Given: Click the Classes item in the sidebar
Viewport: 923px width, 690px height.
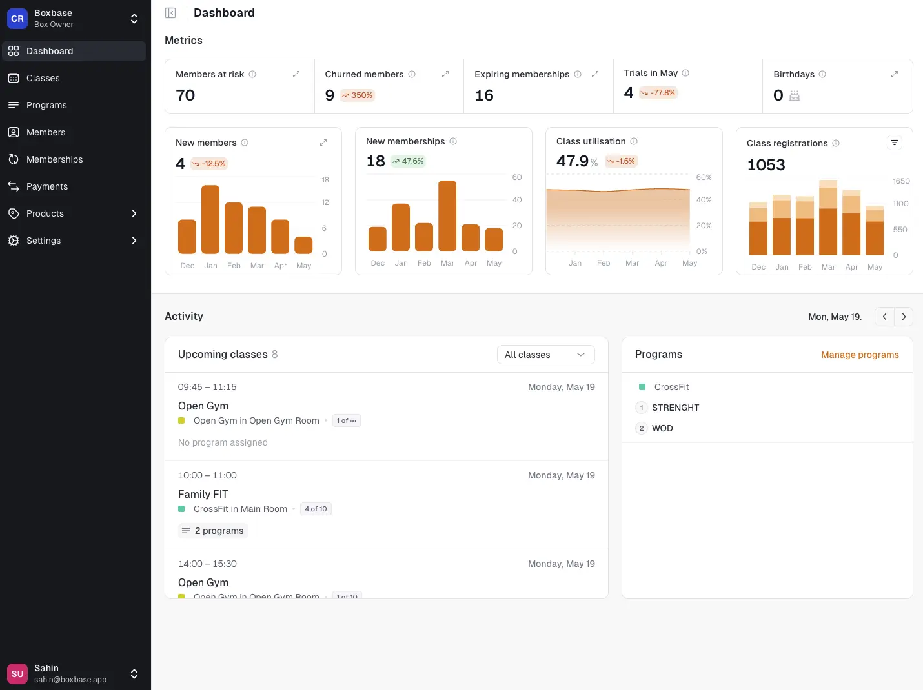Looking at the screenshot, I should [43, 78].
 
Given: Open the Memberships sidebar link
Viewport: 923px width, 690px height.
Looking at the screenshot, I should [54, 159].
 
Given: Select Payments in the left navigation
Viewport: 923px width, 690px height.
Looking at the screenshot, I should [46, 186].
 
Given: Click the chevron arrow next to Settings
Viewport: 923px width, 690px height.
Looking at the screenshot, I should [134, 241].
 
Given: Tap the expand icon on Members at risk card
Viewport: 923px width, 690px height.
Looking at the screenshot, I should [296, 74].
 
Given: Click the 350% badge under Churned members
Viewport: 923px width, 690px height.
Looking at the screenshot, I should [358, 95].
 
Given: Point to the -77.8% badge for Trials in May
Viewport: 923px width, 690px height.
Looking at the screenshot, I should [658, 93].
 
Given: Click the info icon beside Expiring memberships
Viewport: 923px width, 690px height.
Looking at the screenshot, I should [578, 74].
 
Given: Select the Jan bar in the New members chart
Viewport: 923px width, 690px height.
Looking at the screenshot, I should [210, 219].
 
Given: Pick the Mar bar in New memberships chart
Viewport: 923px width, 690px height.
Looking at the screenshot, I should [447, 215].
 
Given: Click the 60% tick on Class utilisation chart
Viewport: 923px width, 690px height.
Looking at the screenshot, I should [704, 177].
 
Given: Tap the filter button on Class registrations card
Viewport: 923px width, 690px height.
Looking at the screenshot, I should [894, 143].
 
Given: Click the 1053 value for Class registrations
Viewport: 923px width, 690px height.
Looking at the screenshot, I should [766, 165].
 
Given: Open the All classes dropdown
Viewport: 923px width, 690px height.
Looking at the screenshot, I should [545, 355].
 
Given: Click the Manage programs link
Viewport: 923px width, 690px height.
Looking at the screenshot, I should [860, 355].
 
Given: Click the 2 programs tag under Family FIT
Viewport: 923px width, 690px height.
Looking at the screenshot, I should [213, 531].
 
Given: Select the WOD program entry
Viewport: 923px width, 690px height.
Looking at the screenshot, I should [662, 428].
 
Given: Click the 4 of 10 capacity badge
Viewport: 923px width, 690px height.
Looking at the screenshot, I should [316, 509].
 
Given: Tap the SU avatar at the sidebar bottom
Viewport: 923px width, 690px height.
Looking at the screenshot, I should [17, 674].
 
